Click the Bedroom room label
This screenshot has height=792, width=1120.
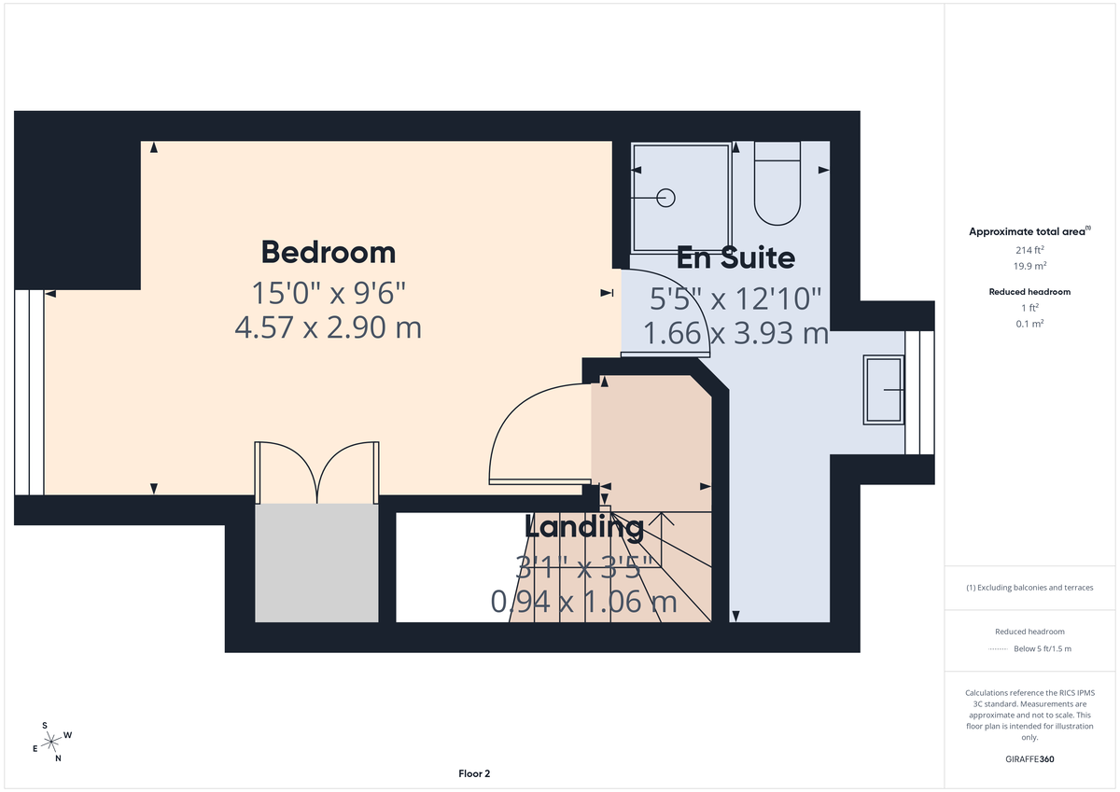coord(328,252)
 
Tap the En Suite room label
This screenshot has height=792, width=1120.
coord(735,257)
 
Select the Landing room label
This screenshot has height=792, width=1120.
coord(584,527)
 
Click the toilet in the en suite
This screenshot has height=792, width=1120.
coord(777,185)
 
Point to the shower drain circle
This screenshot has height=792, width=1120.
coord(666,197)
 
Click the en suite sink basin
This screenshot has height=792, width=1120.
coord(884,390)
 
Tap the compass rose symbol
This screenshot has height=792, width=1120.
coord(51,741)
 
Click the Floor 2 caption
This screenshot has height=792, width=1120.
coord(474,773)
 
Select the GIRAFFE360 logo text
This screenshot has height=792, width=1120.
coord(1029,759)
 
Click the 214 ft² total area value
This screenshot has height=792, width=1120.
coord(1029,250)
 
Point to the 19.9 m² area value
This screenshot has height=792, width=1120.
coord(1029,266)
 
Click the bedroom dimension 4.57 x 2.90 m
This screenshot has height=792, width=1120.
coord(328,327)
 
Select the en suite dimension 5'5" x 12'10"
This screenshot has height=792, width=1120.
coord(735,298)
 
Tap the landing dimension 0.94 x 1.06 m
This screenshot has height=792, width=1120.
coord(584,602)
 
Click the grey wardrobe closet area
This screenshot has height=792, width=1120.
coord(317,563)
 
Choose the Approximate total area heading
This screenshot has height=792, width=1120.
coord(1029,231)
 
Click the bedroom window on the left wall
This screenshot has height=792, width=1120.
coord(29,392)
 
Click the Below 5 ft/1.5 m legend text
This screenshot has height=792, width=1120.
coord(1043,648)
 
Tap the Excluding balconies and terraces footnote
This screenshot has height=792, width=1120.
coord(1029,588)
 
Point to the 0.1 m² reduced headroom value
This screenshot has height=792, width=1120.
coord(1029,323)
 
